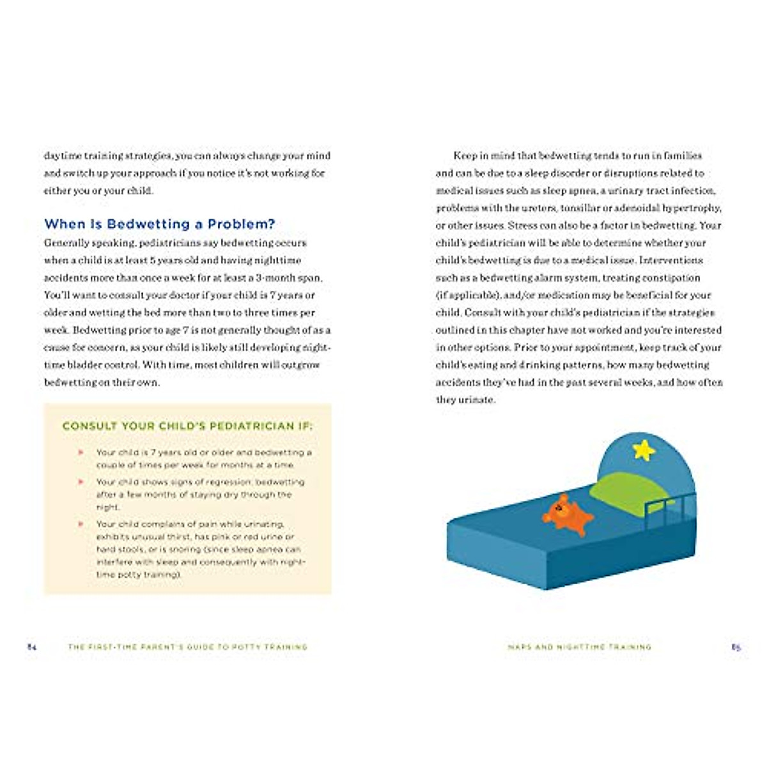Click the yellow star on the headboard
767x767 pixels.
point(644,450)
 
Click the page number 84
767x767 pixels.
point(32,647)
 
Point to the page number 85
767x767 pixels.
point(736,647)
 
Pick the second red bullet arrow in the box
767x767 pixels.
point(81,482)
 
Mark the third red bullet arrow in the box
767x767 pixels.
point(81,524)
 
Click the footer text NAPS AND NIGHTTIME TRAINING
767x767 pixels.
point(579,647)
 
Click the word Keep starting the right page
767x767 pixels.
point(465,155)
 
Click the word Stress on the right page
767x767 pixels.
point(523,226)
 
